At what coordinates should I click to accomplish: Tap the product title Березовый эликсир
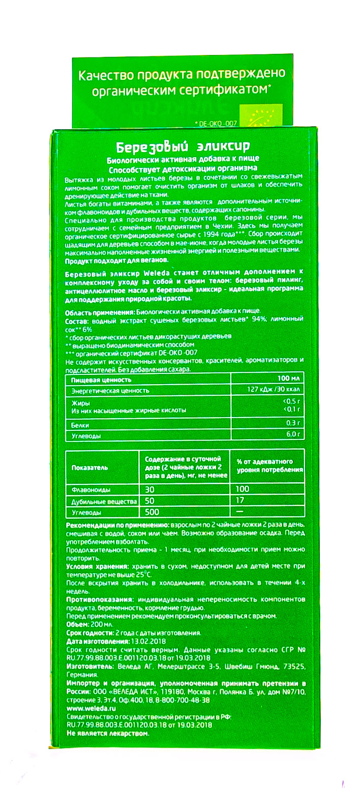coord(181,147)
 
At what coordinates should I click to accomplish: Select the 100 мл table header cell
coord(290,380)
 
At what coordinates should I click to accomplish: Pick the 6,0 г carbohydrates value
coord(294,435)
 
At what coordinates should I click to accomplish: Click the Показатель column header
coord(89,468)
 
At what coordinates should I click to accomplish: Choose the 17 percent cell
coord(239,501)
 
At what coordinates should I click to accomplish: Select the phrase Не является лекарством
coord(109,733)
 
